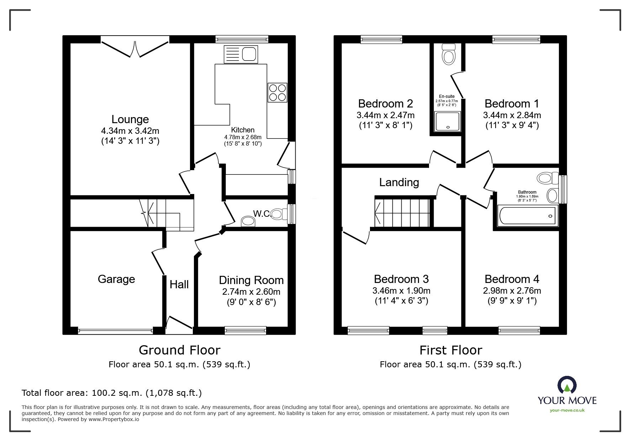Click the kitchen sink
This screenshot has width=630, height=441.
click(240, 54)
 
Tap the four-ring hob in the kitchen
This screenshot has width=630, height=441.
click(277, 92)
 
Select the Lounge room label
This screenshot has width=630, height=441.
click(130, 119)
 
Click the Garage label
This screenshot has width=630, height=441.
click(116, 279)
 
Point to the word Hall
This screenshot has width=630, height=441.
click(179, 284)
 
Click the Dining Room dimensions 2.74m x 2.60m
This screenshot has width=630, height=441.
click(251, 292)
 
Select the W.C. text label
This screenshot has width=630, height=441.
click(262, 214)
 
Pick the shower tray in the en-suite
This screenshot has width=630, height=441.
click(448, 121)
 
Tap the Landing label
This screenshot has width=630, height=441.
click(399, 182)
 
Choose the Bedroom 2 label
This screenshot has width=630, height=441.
click(386, 104)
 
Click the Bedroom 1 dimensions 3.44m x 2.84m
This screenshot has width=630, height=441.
click(512, 115)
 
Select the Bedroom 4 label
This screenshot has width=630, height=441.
click(512, 279)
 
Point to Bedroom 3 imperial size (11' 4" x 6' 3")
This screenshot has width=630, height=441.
click(401, 301)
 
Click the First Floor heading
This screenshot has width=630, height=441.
click(451, 350)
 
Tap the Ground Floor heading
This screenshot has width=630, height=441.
click(180, 350)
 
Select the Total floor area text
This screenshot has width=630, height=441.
click(112, 393)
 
